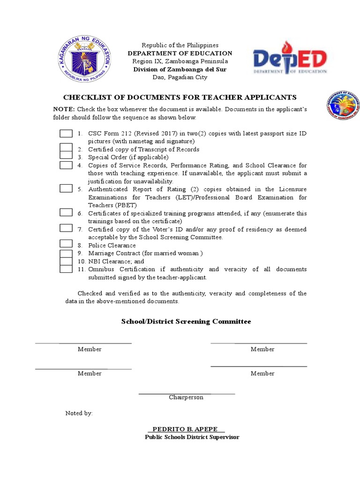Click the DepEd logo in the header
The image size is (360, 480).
[290, 59]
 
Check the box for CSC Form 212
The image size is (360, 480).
[66, 134]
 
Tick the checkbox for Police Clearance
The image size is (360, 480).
[66, 244]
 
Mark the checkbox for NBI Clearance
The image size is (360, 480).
[66, 261]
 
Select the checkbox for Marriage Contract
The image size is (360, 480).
[66, 253]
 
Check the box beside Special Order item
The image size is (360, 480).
[66, 157]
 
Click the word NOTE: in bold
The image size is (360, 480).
[63, 109]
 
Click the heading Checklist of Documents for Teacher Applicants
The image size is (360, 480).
[180, 97]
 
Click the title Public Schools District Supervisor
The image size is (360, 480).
[192, 437]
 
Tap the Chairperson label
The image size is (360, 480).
[186, 397]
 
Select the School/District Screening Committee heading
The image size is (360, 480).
[186, 322]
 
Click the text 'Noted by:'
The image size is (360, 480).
[79, 413]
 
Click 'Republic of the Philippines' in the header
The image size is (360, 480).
[180, 45]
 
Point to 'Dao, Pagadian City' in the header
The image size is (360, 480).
[180, 77]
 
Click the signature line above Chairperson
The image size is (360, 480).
[187, 393]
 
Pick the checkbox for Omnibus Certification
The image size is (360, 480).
[66, 269]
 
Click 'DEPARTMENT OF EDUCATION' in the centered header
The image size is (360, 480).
[180, 53]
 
